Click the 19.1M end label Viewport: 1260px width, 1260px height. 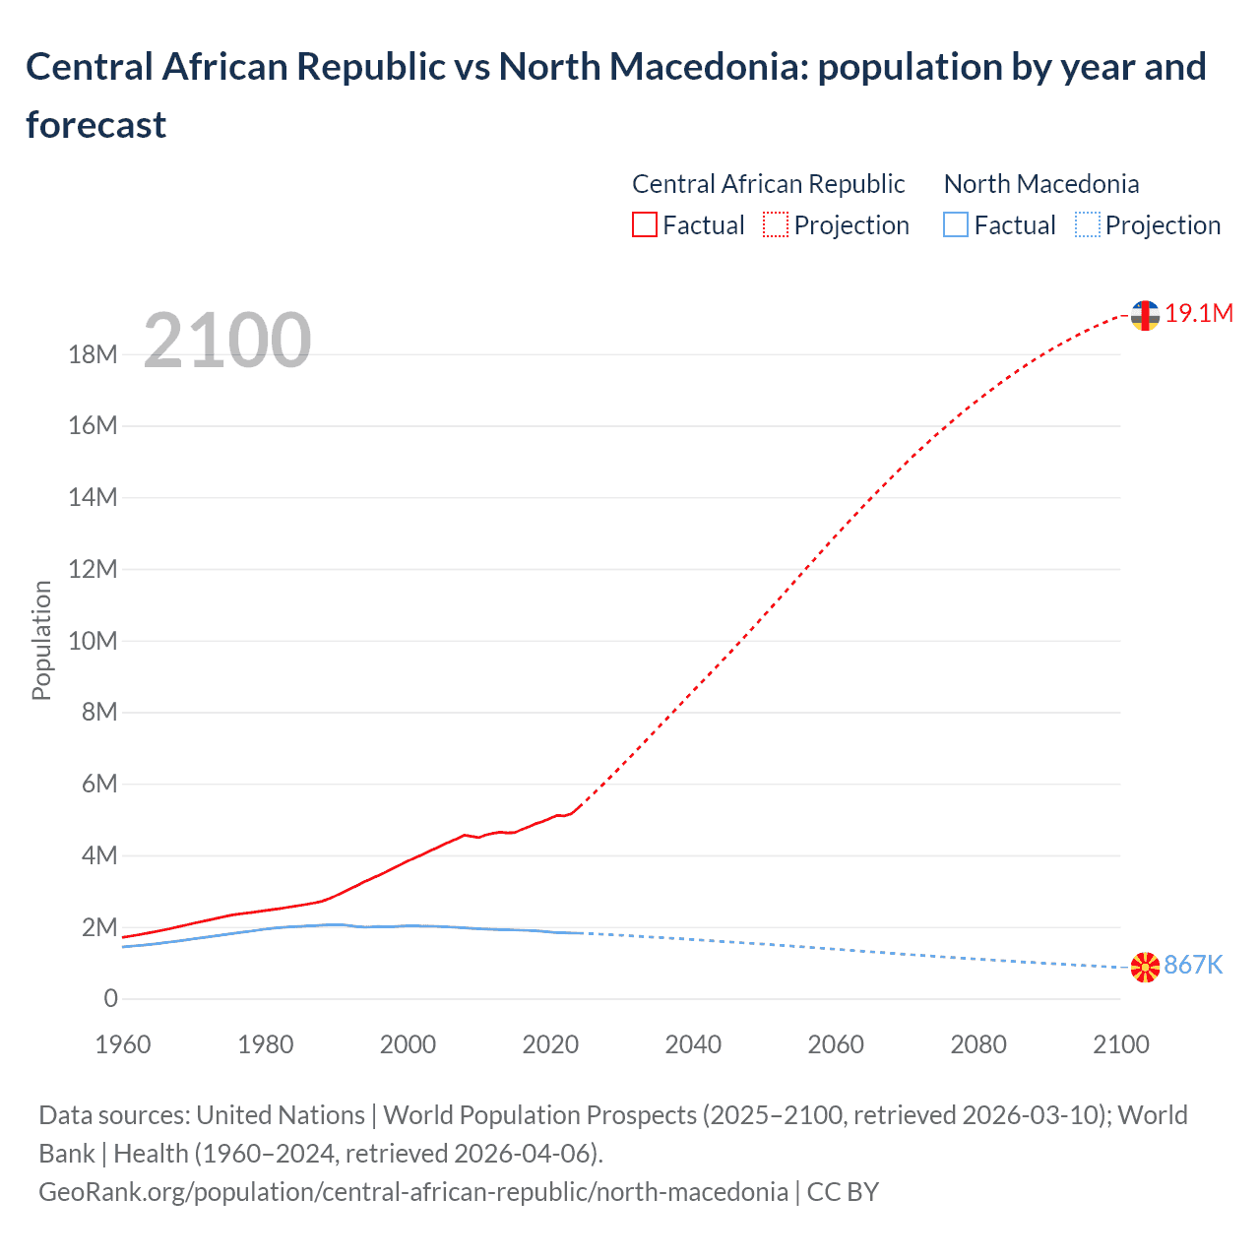(1198, 313)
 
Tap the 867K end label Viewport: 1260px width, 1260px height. (1193, 965)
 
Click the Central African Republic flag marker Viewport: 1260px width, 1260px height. (1145, 315)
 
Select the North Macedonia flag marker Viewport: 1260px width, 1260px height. (1145, 968)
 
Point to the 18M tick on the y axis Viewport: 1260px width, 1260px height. (93, 354)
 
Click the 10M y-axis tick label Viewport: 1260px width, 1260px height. (93, 641)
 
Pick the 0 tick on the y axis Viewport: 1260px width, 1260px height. (110, 998)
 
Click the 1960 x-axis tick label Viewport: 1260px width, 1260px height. (123, 1044)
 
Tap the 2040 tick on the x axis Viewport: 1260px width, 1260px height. (693, 1044)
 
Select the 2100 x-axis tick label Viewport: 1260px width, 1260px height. (1120, 1044)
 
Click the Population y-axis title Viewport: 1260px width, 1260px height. (41, 640)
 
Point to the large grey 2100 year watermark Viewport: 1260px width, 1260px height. (227, 341)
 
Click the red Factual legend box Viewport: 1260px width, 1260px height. (644, 225)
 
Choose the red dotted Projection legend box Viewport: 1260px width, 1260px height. (776, 225)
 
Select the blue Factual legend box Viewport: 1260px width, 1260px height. (956, 225)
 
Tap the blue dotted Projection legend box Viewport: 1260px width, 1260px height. (1088, 225)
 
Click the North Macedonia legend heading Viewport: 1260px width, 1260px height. (1040, 184)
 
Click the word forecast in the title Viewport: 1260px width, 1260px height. (96, 125)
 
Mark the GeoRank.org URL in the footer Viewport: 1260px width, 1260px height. (413, 1191)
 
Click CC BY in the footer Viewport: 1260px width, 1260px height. (843, 1191)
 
